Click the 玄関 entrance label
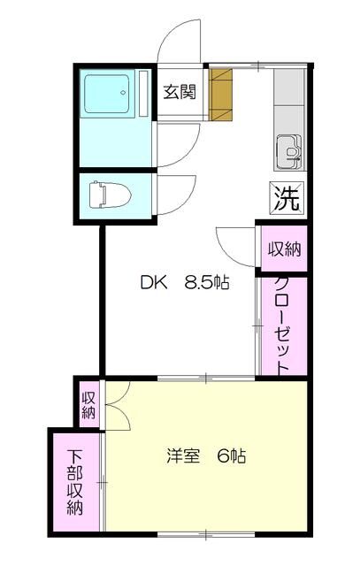pyautogui.click(x=180, y=92)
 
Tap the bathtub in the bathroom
pyautogui.click(x=106, y=94)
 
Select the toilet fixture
pyautogui.click(x=111, y=195)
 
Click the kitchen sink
pyautogui.click(x=289, y=152)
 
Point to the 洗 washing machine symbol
pyautogui.click(x=287, y=198)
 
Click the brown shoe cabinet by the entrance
pyautogui.click(x=220, y=95)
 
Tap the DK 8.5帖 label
pyautogui.click(x=185, y=283)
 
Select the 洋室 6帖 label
pyautogui.click(x=207, y=456)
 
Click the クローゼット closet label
pyautogui.click(x=282, y=325)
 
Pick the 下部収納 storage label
pyautogui.click(x=75, y=482)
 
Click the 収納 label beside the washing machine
pyautogui.click(x=284, y=249)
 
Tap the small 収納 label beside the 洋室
pyautogui.click(x=88, y=405)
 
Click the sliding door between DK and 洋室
pyautogui.click(x=206, y=378)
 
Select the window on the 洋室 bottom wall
pyautogui.click(x=206, y=534)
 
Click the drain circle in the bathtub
pyautogui.click(x=123, y=92)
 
